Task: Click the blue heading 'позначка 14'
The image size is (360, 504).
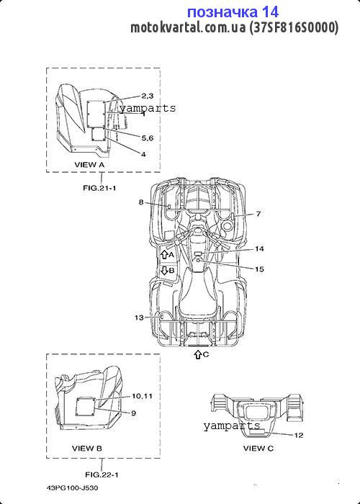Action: tap(233, 12)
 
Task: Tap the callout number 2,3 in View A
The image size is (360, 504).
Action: tap(147, 96)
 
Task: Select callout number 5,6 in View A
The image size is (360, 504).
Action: tap(147, 138)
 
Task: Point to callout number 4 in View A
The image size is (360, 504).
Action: tap(143, 154)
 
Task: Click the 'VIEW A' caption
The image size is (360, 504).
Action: tap(89, 165)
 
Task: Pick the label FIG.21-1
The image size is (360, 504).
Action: tap(99, 188)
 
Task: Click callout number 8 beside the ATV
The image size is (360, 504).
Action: tap(141, 202)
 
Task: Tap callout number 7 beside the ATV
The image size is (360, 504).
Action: tap(258, 213)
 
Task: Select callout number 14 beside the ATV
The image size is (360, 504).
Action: tap(259, 249)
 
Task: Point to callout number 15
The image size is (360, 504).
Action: tap(259, 269)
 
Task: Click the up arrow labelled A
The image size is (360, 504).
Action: tap(164, 255)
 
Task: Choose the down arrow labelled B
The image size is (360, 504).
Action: tap(164, 270)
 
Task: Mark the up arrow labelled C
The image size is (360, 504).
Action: tap(198, 354)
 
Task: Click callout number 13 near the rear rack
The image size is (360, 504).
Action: tap(139, 318)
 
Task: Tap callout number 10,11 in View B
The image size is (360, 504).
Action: tap(142, 396)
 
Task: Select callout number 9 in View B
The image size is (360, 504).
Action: tap(133, 413)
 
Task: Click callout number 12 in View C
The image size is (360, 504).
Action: tap(299, 435)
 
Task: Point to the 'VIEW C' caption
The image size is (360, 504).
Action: tap(258, 448)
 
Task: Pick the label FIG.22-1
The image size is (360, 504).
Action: tap(102, 474)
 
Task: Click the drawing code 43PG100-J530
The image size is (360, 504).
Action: tap(72, 488)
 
